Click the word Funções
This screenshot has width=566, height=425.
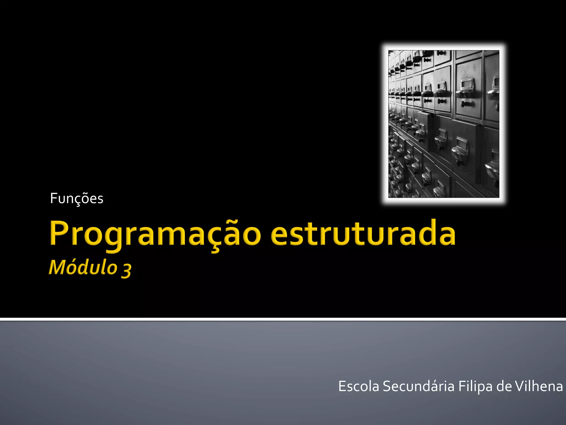click(x=77, y=199)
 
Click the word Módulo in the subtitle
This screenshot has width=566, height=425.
click(x=83, y=268)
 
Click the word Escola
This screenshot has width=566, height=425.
click(x=358, y=386)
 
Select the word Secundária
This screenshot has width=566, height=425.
click(x=418, y=386)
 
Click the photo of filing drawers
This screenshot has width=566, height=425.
click(x=444, y=124)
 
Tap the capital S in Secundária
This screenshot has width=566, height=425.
click(x=387, y=386)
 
